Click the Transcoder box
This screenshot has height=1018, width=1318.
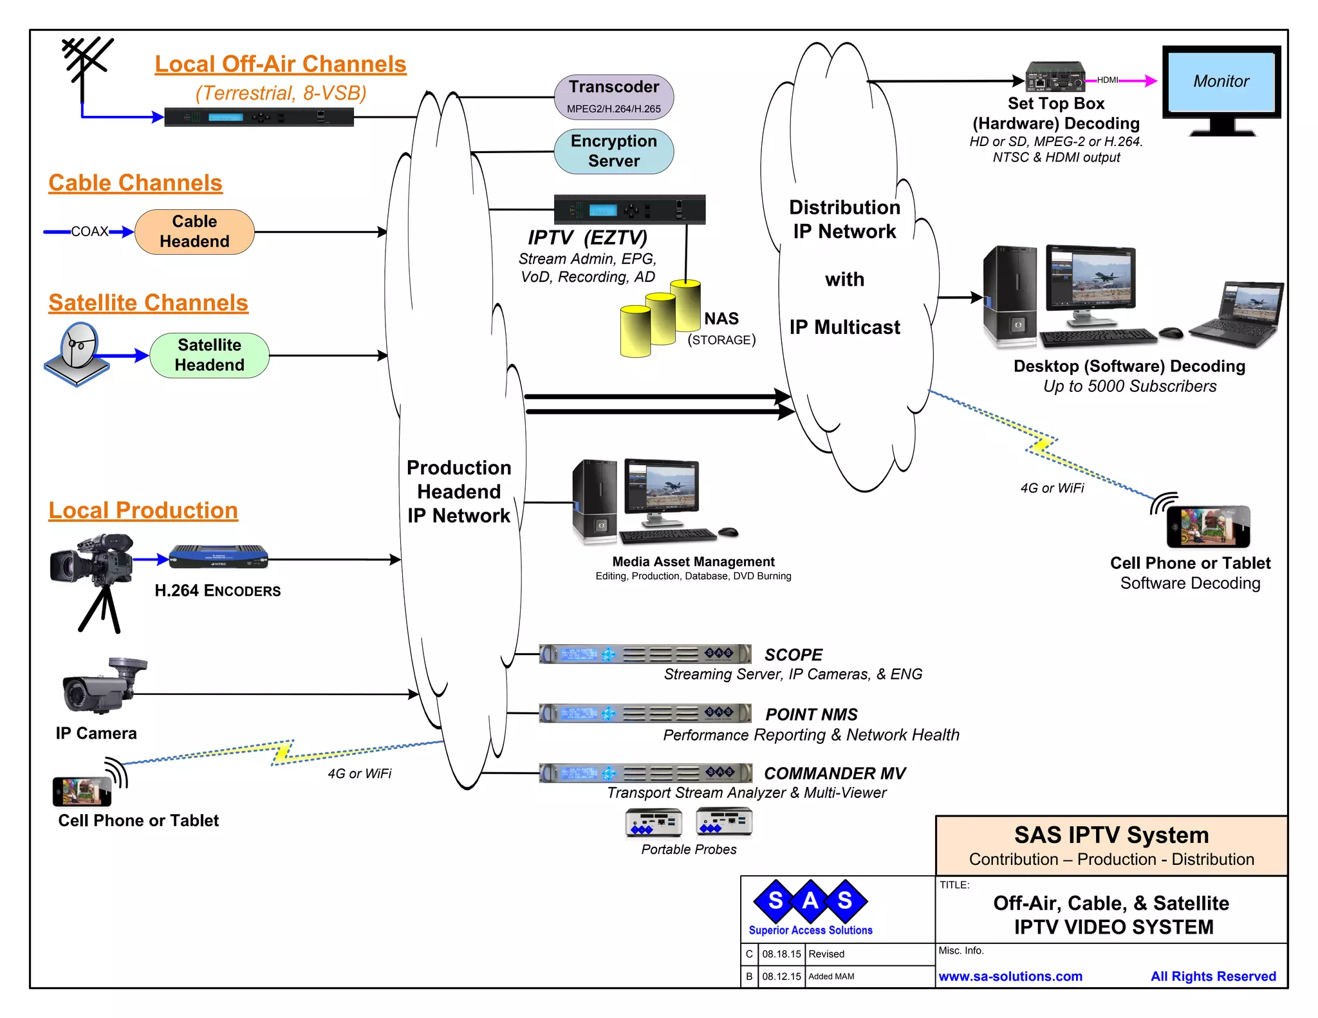pyautogui.click(x=613, y=97)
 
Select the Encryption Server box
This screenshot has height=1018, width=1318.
pyautogui.click(x=613, y=151)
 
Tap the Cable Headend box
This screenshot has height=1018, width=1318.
pyautogui.click(x=194, y=232)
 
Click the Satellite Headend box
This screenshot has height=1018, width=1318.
pyautogui.click(x=209, y=355)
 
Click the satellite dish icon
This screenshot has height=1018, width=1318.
pyautogui.click(x=78, y=354)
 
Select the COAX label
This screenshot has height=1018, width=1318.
pyautogui.click(x=89, y=232)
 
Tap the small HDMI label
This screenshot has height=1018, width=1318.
pyautogui.click(x=1107, y=80)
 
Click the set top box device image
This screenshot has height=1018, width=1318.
pyautogui.click(x=1055, y=77)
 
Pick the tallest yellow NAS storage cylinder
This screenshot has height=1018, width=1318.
pyautogui.click(x=685, y=305)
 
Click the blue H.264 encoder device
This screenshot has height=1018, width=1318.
pyautogui.click(x=218, y=557)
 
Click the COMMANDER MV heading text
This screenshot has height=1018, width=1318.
pyautogui.click(x=834, y=773)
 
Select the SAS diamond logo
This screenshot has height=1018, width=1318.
pyautogui.click(x=810, y=900)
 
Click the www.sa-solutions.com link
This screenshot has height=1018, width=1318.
pyautogui.click(x=1010, y=976)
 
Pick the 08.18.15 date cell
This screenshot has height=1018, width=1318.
pyautogui.click(x=781, y=954)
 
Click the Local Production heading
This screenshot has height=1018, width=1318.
pyautogui.click(x=143, y=510)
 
